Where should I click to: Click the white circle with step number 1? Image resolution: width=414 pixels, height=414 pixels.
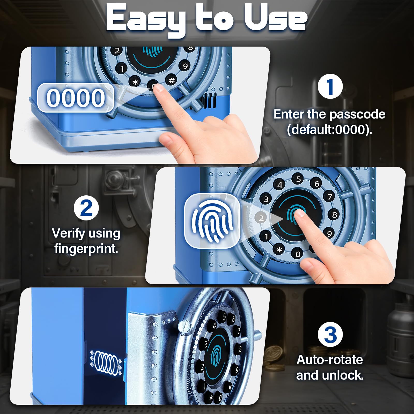click(330, 86)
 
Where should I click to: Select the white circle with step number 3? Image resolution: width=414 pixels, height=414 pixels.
click(330, 335)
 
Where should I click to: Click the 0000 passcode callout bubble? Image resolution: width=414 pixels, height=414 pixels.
click(76, 98)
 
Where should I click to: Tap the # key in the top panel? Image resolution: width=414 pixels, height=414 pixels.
click(172, 80)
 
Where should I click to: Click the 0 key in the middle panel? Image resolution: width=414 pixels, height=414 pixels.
click(298, 254)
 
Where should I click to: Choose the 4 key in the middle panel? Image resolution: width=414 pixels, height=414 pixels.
click(280, 185)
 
